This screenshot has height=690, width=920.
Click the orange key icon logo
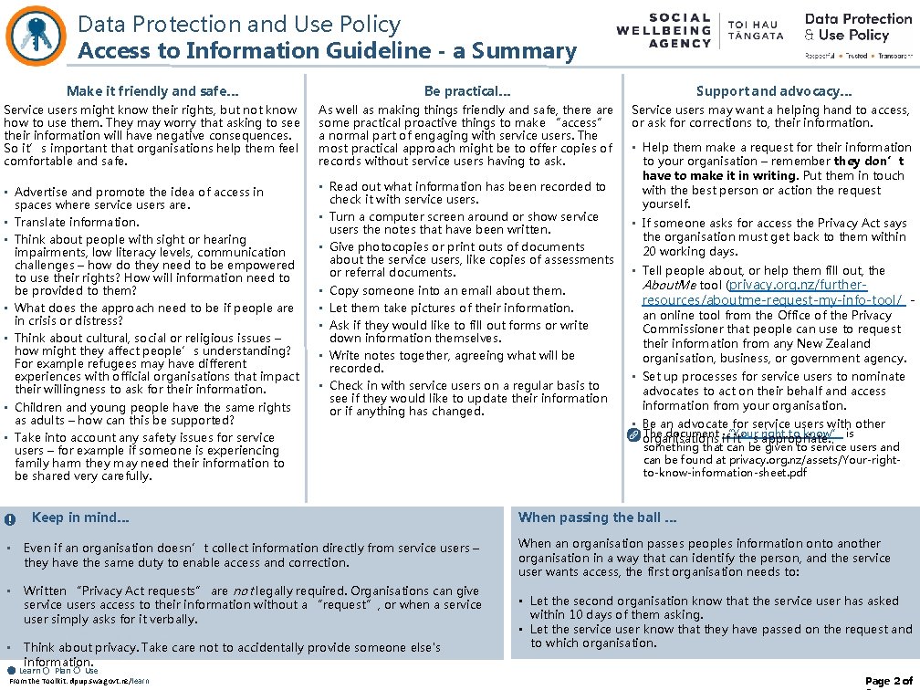[x=36, y=32]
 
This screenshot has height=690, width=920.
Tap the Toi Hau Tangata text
[x=756, y=29]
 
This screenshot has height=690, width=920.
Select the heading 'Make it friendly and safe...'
[x=152, y=90]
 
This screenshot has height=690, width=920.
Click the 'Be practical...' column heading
[x=467, y=90]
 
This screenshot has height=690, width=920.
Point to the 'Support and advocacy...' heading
[x=774, y=90]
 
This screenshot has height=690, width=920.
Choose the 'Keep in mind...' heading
[x=80, y=517]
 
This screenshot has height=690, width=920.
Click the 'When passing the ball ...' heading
[x=598, y=517]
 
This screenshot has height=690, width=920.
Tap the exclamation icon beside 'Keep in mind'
[x=9, y=519]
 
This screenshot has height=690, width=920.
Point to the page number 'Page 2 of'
[x=888, y=681]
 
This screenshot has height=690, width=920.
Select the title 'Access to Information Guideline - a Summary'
[x=327, y=50]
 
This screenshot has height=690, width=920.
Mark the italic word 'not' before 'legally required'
[x=241, y=591]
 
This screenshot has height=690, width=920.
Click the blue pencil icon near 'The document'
[x=635, y=434]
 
